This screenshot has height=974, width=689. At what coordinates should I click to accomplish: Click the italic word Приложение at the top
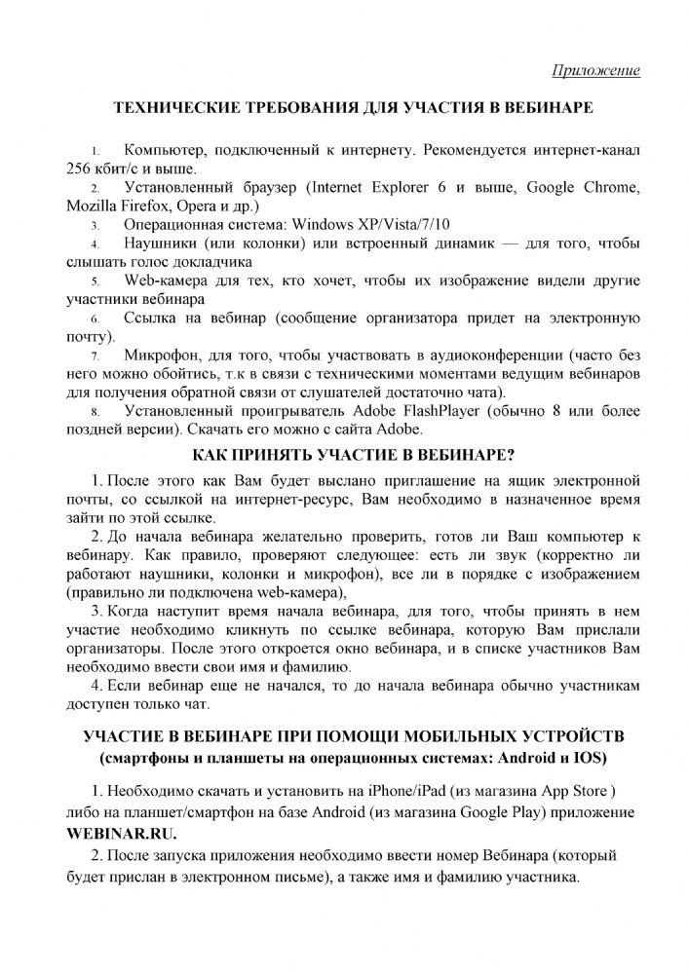595,70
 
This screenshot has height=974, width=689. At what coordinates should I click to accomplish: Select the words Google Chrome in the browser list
582,187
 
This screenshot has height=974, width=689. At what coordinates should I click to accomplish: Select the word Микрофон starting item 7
164,356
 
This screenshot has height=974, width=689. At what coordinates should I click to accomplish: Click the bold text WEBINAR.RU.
123,834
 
